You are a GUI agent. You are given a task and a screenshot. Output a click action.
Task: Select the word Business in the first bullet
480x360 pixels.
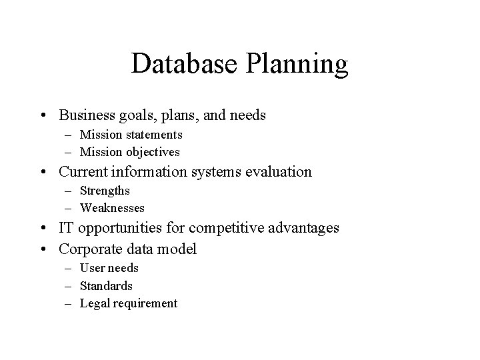click(x=87, y=115)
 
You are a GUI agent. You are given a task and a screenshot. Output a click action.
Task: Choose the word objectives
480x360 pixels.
click(x=151, y=152)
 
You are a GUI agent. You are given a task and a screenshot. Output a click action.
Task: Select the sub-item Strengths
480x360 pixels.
click(x=105, y=191)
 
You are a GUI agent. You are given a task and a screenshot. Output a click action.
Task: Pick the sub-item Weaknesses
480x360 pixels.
click(x=112, y=209)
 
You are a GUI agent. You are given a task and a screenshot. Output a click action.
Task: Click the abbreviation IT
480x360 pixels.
click(x=67, y=229)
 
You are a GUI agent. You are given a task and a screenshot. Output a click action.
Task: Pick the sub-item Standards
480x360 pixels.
click(x=106, y=286)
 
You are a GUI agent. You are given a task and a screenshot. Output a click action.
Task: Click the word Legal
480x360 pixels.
click(x=95, y=304)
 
